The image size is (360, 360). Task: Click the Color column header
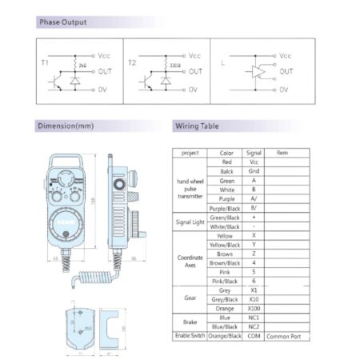tap(226, 152)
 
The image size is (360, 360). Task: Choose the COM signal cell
tap(254, 338)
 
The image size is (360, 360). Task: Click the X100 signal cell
tap(254, 309)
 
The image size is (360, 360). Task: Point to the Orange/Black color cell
tap(226, 338)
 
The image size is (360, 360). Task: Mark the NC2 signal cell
tap(254, 328)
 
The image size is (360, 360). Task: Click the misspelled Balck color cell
tap(226, 171)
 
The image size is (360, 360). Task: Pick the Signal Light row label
tap(190, 222)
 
